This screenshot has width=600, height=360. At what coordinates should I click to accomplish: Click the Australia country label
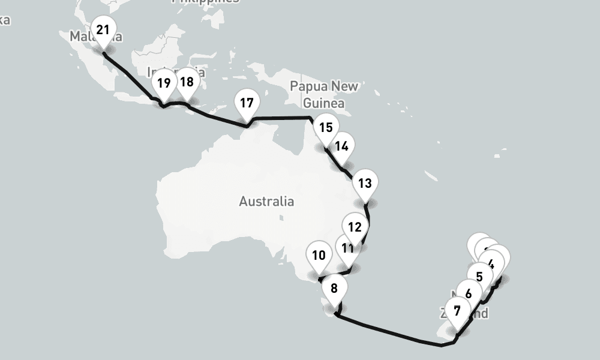tap(266, 201)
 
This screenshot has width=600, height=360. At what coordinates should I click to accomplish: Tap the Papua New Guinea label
tap(323, 94)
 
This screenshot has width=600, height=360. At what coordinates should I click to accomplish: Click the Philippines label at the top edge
tap(205, 2)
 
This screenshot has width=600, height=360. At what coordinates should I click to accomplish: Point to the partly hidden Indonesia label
tap(176, 72)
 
